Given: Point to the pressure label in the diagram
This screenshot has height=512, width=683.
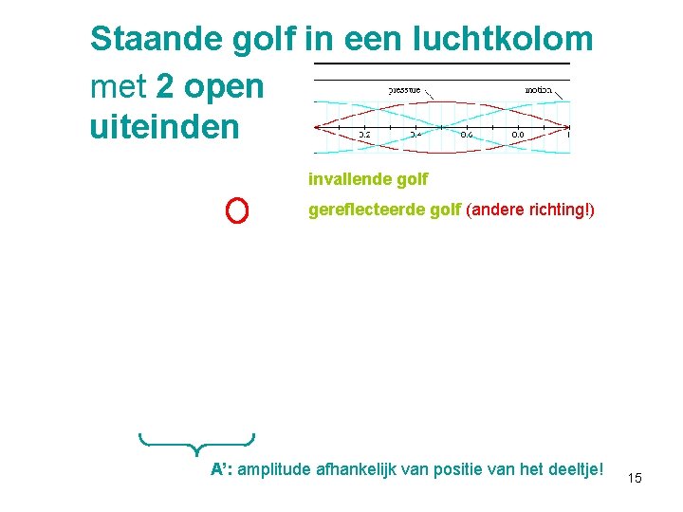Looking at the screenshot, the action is [x=405, y=89].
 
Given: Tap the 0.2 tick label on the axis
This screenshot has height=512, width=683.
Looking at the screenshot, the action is [x=364, y=135].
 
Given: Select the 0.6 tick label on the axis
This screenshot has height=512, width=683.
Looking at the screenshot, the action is [x=467, y=135].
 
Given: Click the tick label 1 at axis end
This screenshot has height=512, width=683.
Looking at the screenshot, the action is [x=567, y=135].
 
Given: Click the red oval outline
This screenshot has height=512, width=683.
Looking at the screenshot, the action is [x=237, y=210].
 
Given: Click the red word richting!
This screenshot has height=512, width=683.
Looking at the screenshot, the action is [x=562, y=209].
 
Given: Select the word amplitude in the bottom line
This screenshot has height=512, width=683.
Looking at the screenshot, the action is [x=275, y=471].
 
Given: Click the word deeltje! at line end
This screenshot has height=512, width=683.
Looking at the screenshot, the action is [x=576, y=471].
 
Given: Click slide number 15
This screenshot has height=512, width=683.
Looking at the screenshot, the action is [x=635, y=478].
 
